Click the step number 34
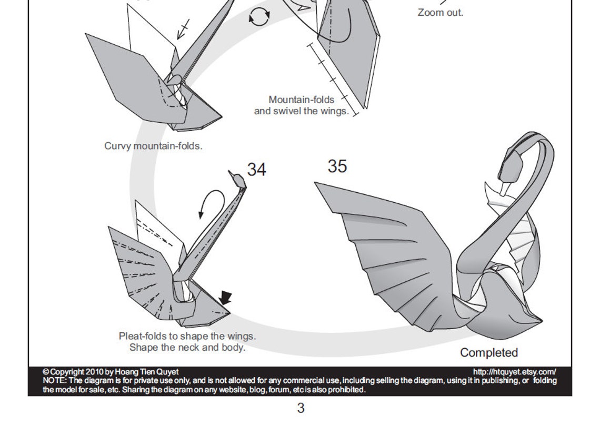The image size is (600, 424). coord(256,170)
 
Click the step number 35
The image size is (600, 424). coord(337,166)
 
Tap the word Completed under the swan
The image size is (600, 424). coord(489,353)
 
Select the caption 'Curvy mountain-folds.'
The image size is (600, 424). coord(153,146)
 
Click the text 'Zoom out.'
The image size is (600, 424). coord(441,13)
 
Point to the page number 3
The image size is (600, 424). coord(301,408)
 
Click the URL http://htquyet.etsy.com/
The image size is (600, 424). coord(514,372)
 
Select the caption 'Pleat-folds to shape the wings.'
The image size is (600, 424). coord(187,336)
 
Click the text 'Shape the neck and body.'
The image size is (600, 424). coord(187,348)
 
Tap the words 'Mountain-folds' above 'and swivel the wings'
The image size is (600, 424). coord(301,100)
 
